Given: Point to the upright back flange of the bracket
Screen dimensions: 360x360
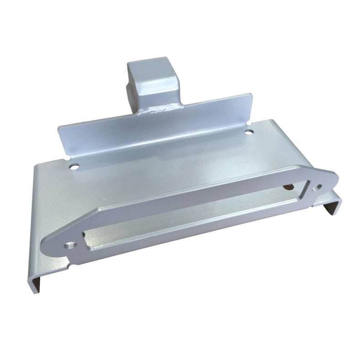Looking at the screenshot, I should [155, 128].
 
